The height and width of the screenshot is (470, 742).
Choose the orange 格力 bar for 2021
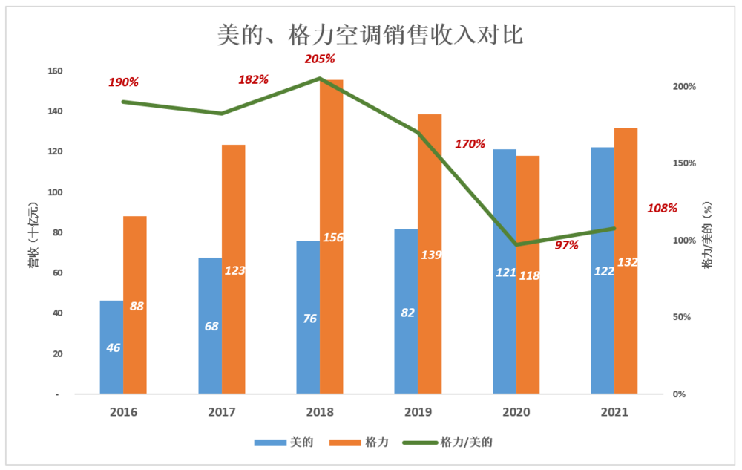626,260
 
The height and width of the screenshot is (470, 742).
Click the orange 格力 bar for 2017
234,268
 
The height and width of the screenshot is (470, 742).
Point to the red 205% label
321,59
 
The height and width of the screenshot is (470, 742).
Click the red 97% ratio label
567,245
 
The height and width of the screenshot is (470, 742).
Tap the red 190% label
124,82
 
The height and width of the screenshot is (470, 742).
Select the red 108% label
662,208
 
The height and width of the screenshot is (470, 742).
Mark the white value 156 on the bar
332,237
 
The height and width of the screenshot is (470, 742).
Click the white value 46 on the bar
114,347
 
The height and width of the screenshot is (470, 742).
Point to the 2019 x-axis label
418,412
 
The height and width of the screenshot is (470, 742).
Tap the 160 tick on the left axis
55,71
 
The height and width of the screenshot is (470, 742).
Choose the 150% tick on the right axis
683,163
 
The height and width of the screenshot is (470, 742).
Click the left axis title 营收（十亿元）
33,233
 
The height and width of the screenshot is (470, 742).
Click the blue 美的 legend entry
283,442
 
